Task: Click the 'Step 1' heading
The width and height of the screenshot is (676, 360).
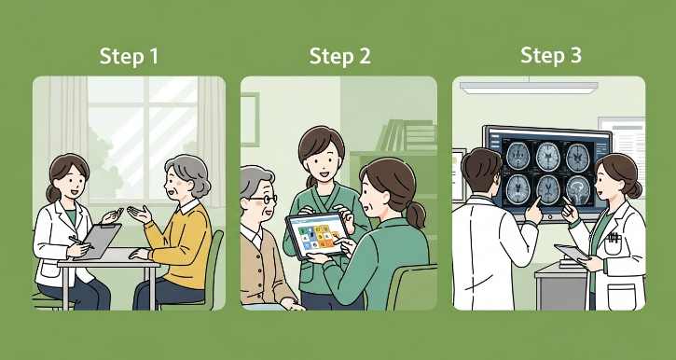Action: coord(129,56)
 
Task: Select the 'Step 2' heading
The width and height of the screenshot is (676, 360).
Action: coord(339,56)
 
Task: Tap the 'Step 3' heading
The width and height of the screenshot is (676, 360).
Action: coord(550,56)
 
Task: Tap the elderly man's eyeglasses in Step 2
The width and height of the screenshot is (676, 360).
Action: coord(263,199)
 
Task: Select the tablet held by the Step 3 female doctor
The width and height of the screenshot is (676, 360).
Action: coord(570,254)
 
